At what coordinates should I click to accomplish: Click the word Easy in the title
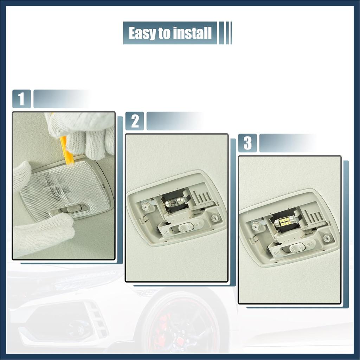[142, 33]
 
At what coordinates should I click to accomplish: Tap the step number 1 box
[21, 99]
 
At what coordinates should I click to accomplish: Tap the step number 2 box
[135, 121]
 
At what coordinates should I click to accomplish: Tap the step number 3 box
[247, 143]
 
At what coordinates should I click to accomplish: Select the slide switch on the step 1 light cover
[69, 209]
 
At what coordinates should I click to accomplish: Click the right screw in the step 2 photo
[215, 218]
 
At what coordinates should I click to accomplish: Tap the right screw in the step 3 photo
[327, 238]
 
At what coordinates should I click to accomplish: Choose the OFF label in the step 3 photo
[309, 243]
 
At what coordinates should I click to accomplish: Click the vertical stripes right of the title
[225, 33]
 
